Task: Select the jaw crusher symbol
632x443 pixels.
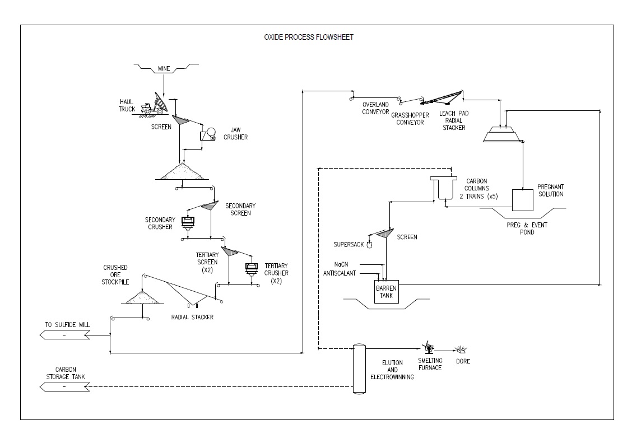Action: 208,134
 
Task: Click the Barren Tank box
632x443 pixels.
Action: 385,292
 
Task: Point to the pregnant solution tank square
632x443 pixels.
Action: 523,199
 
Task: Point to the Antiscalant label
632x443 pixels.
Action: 340,273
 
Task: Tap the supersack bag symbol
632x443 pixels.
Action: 369,244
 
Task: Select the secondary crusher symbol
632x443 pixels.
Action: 188,222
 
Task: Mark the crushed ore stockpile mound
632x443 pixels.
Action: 142,298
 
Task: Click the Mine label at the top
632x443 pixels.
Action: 164,69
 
